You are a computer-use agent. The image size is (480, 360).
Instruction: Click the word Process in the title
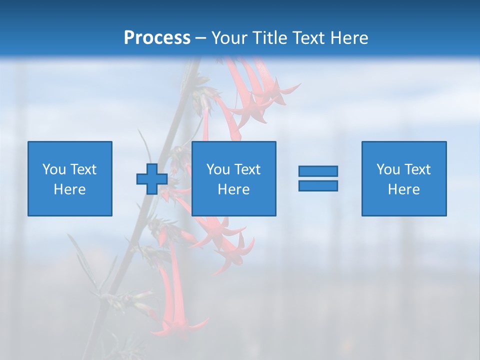click(x=157, y=38)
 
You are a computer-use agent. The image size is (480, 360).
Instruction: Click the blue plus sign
click(x=152, y=179)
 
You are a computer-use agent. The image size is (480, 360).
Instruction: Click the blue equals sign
click(x=318, y=178)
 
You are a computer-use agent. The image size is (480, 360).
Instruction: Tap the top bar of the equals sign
click(x=318, y=171)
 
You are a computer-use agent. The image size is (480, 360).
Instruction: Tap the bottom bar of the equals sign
click(x=318, y=185)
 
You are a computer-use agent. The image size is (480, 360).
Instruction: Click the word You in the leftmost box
click(x=54, y=169)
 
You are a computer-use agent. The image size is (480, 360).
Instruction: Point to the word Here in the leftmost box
click(x=70, y=189)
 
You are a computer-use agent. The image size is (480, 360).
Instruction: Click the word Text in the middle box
click(x=247, y=169)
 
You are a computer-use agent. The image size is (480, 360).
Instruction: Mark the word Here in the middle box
click(x=234, y=189)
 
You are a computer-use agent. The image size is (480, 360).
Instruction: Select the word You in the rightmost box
click(x=388, y=169)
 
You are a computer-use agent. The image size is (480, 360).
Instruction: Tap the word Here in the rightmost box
click(x=404, y=189)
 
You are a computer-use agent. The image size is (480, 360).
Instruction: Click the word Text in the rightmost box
click(x=417, y=169)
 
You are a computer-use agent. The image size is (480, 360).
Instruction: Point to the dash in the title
click(x=200, y=38)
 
